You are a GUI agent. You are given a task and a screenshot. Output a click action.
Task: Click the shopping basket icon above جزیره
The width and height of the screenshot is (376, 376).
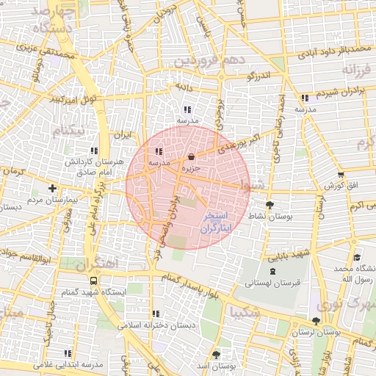click(192, 156)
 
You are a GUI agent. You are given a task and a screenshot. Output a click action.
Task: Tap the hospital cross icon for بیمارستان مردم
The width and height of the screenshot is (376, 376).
click(52, 187)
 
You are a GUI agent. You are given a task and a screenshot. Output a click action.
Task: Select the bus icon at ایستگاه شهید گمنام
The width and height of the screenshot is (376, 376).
click(93, 280)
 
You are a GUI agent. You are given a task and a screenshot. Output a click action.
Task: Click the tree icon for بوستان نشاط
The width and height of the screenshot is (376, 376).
click(270, 205)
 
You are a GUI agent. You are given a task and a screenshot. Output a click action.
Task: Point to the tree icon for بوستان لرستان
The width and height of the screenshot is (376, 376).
click(316, 321)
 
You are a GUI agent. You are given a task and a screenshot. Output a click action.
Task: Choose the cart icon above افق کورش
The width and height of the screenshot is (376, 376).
click(341, 175)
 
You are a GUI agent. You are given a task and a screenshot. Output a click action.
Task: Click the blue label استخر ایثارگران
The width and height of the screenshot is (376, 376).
click(214, 223)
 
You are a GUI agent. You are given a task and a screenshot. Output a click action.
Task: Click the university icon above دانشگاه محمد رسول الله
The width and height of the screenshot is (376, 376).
click(356, 257)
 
